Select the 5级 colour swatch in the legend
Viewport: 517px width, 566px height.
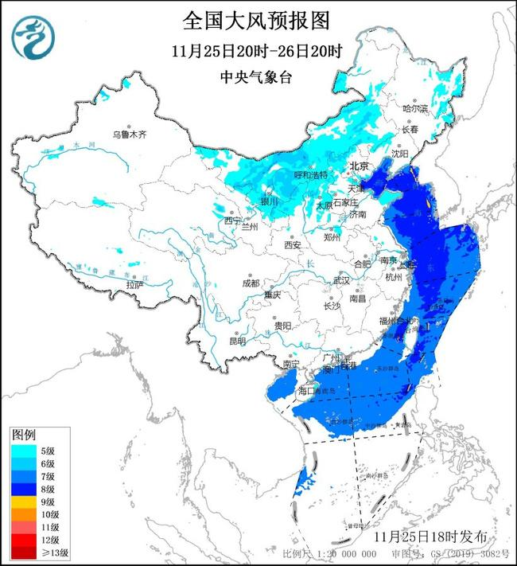21,451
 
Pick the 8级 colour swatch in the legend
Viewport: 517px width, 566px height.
21,489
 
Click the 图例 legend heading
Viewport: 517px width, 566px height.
23,435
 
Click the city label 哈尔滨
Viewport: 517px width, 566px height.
415,107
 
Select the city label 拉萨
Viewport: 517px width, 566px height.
134,284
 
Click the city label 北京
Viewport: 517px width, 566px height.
360,166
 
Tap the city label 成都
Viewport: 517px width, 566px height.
251,283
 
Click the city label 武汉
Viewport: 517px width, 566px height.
341,280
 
